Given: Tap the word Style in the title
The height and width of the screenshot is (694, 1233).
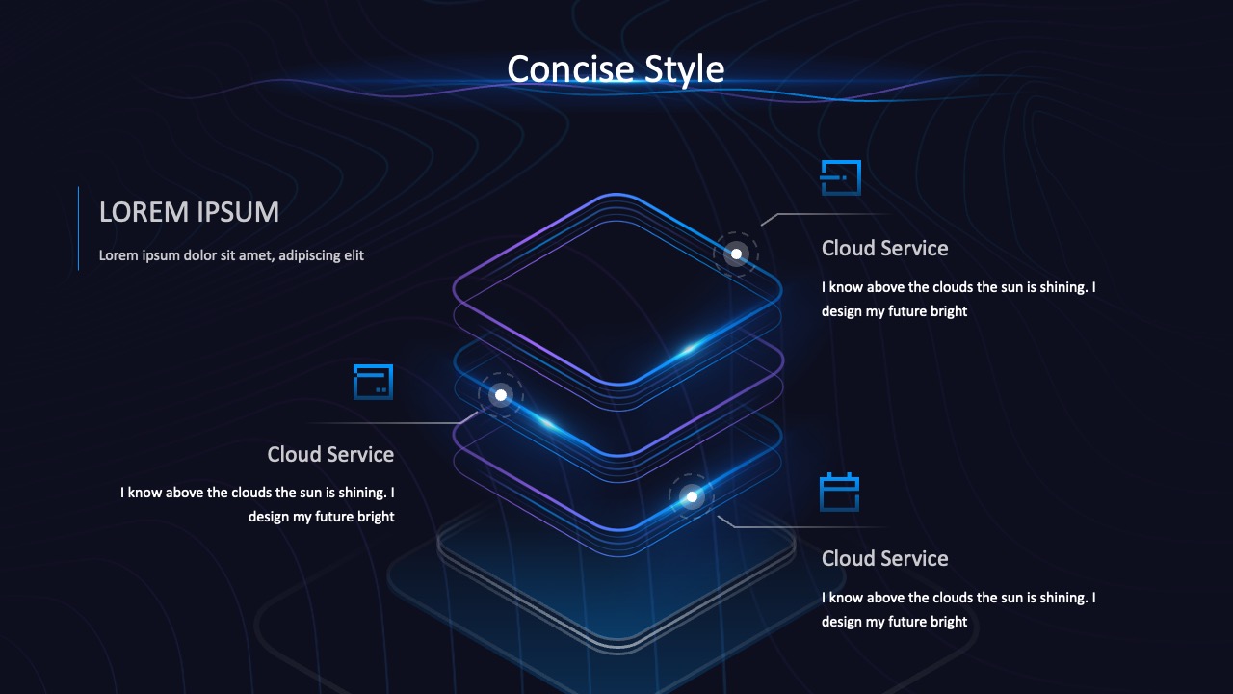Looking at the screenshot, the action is [x=684, y=70].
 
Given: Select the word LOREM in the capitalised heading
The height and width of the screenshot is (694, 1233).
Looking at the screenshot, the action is [x=144, y=212].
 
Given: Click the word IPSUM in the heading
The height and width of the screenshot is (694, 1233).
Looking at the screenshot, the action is [x=238, y=212].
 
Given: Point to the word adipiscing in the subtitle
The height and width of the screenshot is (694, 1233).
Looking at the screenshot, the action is [x=309, y=255].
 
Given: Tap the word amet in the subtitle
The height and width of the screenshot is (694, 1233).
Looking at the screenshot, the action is [x=255, y=255].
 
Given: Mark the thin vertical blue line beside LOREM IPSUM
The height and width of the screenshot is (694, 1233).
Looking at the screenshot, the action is [x=78, y=228].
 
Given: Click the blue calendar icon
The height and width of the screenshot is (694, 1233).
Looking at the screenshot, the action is [x=839, y=492].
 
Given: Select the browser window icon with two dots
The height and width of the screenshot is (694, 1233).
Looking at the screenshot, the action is [x=373, y=382].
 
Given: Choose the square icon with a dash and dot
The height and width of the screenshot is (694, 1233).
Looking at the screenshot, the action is [x=841, y=177].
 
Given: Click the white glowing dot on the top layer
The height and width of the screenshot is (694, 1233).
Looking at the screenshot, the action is [x=737, y=254].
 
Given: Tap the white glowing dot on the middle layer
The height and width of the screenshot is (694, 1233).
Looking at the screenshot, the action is [x=501, y=395].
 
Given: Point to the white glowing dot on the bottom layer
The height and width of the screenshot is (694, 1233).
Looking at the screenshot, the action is [x=692, y=496].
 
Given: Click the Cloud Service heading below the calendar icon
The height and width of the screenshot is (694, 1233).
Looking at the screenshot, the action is [x=884, y=558].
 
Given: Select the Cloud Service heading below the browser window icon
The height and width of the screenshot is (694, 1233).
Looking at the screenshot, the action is [x=330, y=454].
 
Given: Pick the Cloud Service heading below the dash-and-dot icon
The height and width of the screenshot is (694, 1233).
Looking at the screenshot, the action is [x=884, y=249].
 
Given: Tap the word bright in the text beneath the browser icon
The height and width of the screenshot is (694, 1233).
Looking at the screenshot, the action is [x=376, y=518].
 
